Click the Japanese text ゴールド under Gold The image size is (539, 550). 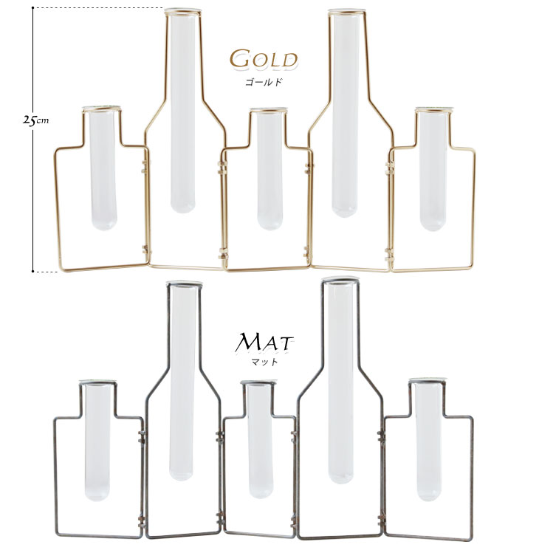tap(264, 82)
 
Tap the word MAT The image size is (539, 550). tap(264, 343)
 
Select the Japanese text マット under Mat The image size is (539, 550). tap(265, 361)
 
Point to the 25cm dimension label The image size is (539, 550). tap(35, 120)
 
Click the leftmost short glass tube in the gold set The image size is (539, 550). tap(103, 168)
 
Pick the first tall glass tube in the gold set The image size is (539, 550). tap(182, 111)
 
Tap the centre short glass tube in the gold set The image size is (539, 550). tap(269, 170)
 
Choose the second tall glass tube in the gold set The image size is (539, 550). tap(345, 114)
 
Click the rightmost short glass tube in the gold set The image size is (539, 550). tap(433, 170)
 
